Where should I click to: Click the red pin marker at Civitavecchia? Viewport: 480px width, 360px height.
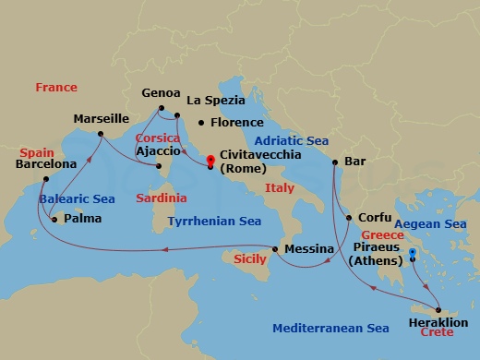(211, 160)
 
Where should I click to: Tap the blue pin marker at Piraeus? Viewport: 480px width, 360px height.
(413, 252)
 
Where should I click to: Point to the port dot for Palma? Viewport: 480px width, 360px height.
(54, 220)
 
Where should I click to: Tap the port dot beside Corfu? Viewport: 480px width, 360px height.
(349, 219)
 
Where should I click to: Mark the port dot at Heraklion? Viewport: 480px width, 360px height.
(438, 310)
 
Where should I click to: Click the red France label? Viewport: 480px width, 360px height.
(56, 88)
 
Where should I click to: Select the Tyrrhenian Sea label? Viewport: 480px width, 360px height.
(214, 222)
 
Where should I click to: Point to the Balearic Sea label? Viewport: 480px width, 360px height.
(77, 198)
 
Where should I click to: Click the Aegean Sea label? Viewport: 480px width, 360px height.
(430, 224)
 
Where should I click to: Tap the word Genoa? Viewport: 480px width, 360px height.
(161, 93)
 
